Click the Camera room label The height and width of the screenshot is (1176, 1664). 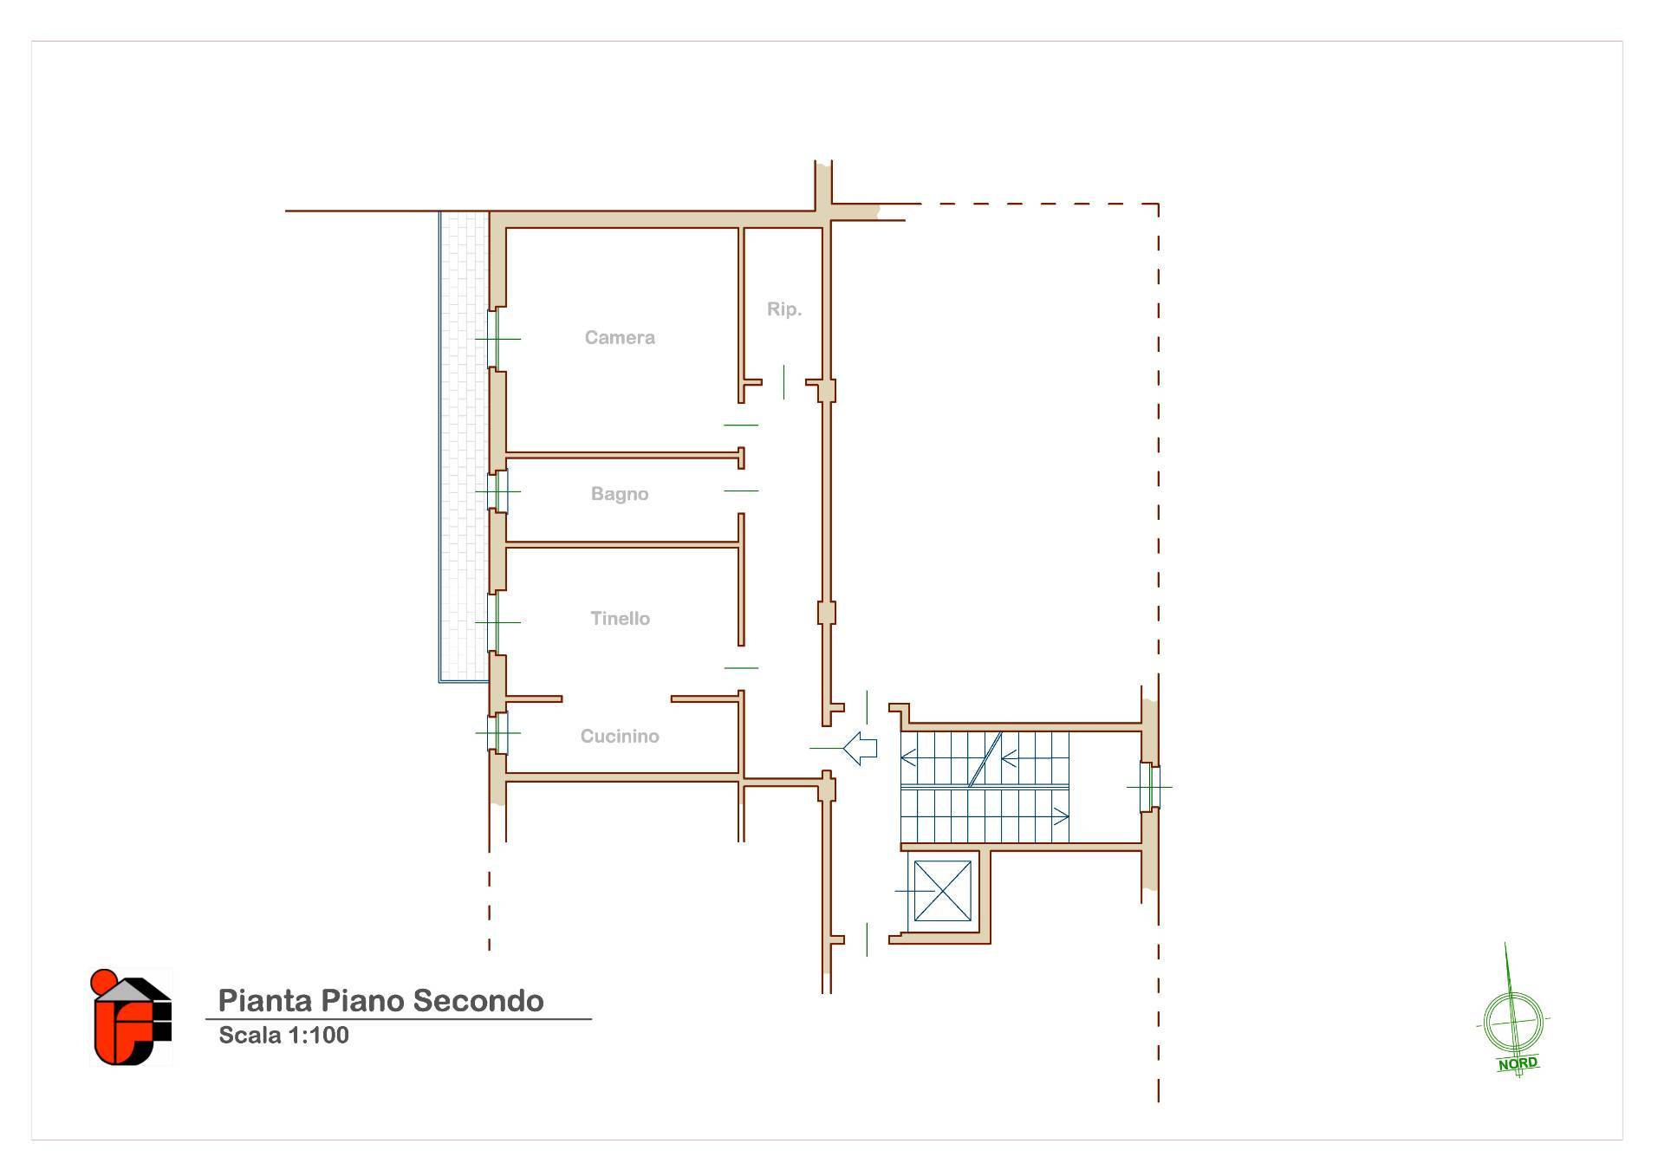click(620, 338)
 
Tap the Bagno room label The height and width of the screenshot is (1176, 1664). click(620, 494)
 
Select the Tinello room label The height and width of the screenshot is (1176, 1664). click(620, 619)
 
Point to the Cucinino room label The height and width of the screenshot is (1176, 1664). click(620, 737)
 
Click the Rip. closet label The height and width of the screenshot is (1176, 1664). click(784, 309)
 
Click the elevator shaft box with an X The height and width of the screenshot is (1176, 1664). click(942, 891)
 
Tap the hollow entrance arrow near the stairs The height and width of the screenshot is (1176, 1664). click(860, 748)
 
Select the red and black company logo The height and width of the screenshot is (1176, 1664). click(131, 1017)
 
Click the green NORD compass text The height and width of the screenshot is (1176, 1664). click(1518, 1063)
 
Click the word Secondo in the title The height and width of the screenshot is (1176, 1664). click(478, 1001)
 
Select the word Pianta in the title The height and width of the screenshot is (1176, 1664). click(265, 1001)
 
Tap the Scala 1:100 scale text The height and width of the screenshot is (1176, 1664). click(283, 1036)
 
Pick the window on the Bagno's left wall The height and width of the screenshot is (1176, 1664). click(497, 491)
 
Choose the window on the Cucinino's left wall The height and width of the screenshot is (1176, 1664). click(497, 732)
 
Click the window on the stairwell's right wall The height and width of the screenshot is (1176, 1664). click(1150, 787)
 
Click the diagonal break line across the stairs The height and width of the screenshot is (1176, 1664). click(985, 760)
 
